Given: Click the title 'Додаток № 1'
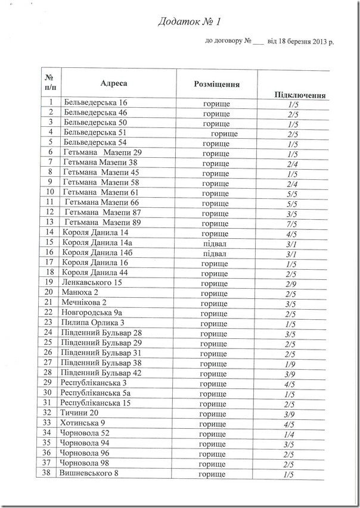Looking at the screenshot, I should coord(189,23).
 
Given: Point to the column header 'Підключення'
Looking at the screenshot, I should coord(299,95).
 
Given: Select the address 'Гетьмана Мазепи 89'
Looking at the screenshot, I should coord(102,222).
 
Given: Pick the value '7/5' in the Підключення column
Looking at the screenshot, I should coord(292,222).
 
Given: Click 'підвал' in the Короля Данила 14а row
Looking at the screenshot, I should coord(215,242).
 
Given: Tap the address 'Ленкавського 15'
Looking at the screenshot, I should coord(92,282).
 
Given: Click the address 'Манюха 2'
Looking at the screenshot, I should coord(79,292).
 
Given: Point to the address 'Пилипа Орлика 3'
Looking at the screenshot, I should coord(92,323).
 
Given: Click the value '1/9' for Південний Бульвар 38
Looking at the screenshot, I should coord(291,363).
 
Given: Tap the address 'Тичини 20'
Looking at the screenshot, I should coord(79,413).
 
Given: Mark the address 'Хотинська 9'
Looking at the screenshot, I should coord(82,423).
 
